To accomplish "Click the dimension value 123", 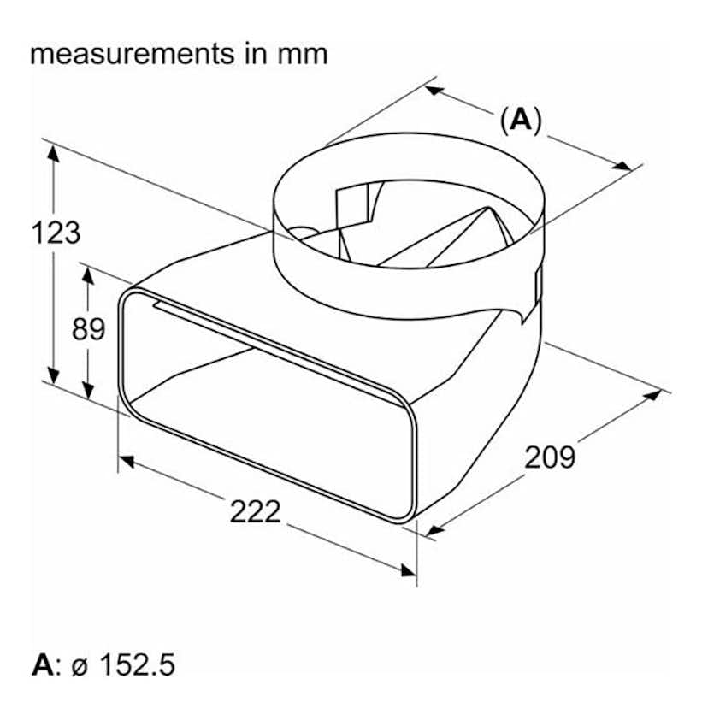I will [56, 233].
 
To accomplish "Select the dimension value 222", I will [255, 511].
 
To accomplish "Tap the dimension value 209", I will [550, 457].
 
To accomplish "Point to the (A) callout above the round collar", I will [521, 121].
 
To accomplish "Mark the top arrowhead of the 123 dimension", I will [54, 153].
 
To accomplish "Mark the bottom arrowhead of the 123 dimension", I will [54, 377].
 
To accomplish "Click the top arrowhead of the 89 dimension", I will [87, 273].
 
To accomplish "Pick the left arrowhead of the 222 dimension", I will [127, 462].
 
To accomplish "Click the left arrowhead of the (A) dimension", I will [434, 89].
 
